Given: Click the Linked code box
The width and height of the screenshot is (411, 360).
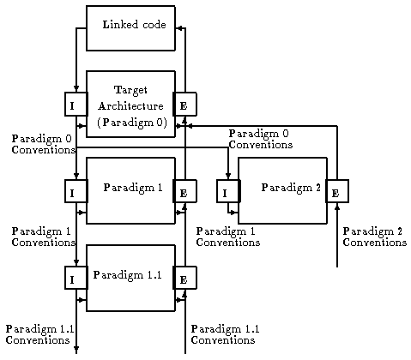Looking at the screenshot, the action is pyautogui.click(x=130, y=28).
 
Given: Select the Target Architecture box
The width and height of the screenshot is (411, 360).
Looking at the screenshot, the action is pyautogui.click(x=130, y=104).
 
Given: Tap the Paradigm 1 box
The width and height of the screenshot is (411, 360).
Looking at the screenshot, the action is pyautogui.click(x=130, y=190).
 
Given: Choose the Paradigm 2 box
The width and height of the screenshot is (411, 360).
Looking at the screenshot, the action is pyautogui.click(x=282, y=190).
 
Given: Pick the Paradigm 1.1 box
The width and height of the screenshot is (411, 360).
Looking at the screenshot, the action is pyautogui.click(x=130, y=278).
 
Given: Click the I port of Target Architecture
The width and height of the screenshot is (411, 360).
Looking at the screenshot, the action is pyautogui.click(x=76, y=104).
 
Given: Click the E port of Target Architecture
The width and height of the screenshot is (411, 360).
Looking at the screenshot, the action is pyautogui.click(x=184, y=104).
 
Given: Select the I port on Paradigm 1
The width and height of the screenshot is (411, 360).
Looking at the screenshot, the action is pyautogui.click(x=76, y=191).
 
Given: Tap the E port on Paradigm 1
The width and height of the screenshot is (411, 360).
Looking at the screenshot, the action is pyautogui.click(x=184, y=191).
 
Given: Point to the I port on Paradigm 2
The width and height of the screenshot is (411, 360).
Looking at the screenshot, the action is pyautogui.click(x=228, y=191).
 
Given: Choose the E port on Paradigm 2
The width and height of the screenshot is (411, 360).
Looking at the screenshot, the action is pyautogui.click(x=337, y=191).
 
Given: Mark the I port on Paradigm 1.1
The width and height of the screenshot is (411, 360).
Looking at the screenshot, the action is pyautogui.click(x=76, y=278).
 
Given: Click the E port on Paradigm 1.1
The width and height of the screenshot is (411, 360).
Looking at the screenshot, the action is pyautogui.click(x=184, y=278).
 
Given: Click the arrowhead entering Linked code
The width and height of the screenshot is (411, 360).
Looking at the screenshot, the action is pyautogui.click(x=178, y=28).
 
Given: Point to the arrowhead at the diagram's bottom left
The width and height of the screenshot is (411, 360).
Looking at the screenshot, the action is pyautogui.click(x=76, y=349).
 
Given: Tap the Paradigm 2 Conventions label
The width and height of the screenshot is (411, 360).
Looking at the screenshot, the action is pyautogui.click(x=375, y=237).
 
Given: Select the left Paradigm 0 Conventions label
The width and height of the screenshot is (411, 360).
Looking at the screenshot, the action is pyautogui.click(x=44, y=144).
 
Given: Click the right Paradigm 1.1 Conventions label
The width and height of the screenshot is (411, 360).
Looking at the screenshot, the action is pyautogui.click(x=225, y=334).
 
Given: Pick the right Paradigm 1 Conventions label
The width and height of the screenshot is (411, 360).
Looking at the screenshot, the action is pyautogui.click(x=228, y=237).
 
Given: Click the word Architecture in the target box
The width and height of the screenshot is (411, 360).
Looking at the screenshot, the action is pyautogui.click(x=130, y=106).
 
